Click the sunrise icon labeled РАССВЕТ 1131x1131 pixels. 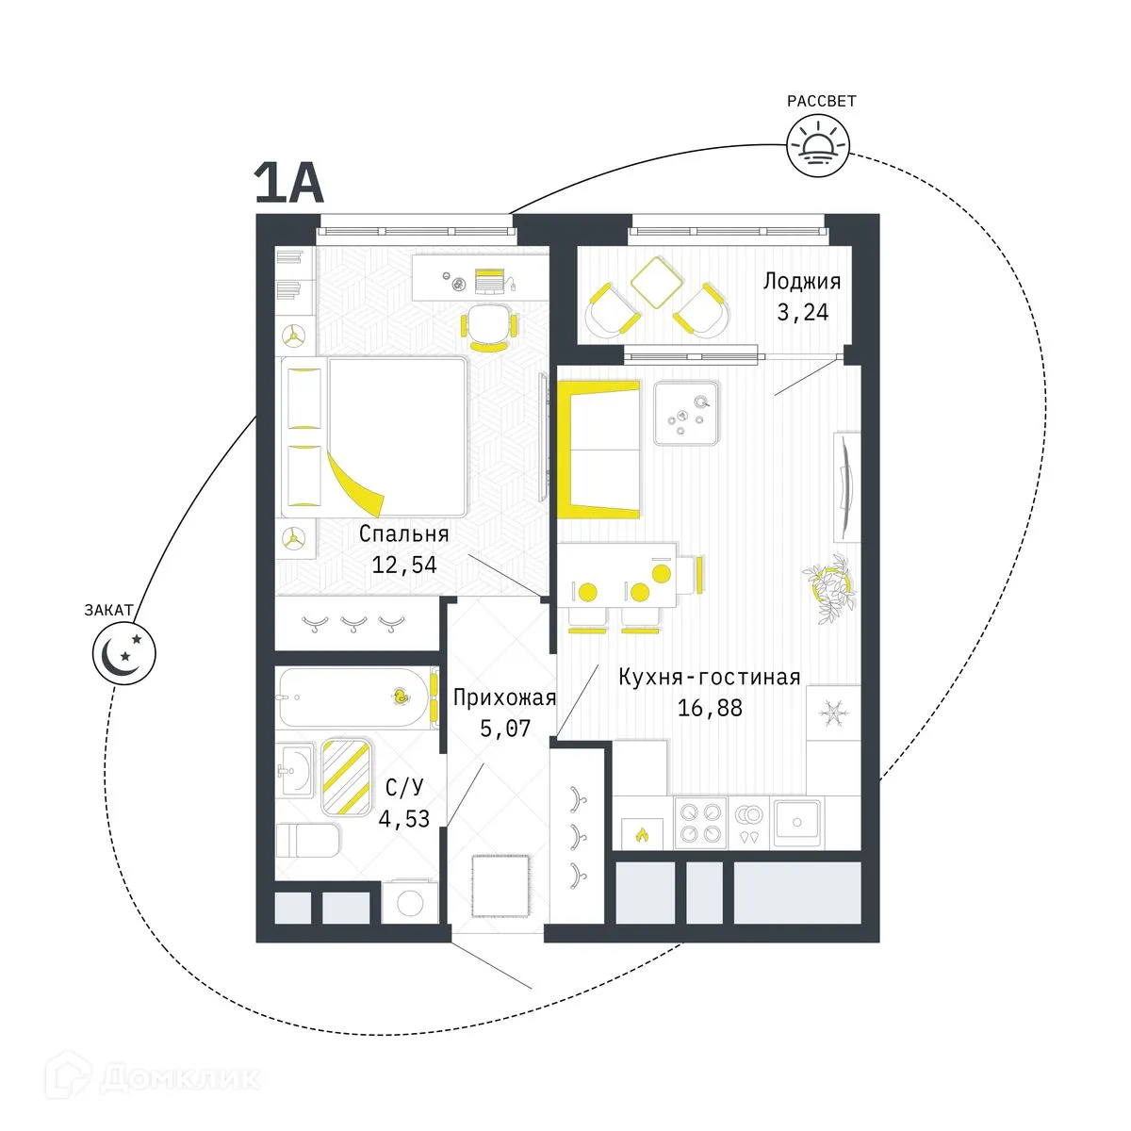click(x=817, y=145)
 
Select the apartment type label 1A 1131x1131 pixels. click(x=288, y=183)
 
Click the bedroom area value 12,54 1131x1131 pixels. click(x=404, y=565)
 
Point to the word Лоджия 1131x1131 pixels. click(x=801, y=281)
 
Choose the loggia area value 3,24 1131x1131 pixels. click(x=802, y=312)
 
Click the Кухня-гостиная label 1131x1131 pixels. click(x=709, y=677)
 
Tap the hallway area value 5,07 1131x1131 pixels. click(x=505, y=728)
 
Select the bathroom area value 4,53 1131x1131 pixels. click(x=403, y=818)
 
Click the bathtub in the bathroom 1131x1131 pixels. click(x=354, y=697)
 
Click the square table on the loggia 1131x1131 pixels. click(x=656, y=280)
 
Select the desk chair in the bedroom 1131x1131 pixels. click(x=487, y=325)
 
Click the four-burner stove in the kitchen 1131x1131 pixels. click(x=700, y=821)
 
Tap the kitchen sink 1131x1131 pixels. click(x=797, y=821)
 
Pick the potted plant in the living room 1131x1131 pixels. click(x=830, y=590)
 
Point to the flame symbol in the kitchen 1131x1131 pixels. click(x=641, y=834)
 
